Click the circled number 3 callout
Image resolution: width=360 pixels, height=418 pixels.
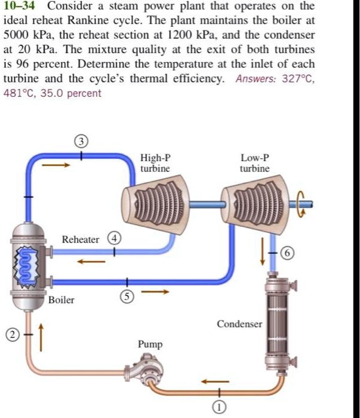point(82,142)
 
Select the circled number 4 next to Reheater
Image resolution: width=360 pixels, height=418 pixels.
point(113,239)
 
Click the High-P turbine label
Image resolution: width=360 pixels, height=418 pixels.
point(155,164)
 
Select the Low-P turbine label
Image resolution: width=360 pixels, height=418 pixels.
point(255,164)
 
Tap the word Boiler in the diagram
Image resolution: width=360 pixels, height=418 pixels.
point(61,300)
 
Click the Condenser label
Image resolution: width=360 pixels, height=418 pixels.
point(239,324)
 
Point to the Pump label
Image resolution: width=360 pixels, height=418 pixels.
point(149,345)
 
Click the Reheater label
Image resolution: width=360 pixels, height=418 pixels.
point(81,239)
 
